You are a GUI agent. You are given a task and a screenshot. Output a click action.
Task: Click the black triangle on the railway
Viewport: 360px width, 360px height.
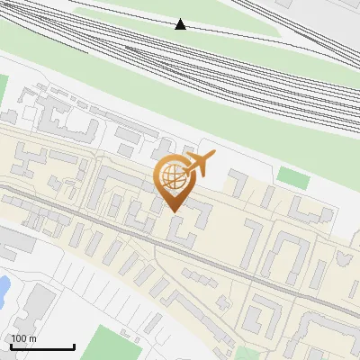181,24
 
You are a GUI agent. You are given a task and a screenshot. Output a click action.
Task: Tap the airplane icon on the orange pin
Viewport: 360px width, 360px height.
198,164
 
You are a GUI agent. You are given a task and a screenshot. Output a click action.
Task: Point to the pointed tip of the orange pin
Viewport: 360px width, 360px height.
173,211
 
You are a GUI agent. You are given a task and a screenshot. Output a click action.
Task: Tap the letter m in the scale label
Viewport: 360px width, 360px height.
34,338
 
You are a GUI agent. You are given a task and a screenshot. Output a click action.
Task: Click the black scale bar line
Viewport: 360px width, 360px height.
42,346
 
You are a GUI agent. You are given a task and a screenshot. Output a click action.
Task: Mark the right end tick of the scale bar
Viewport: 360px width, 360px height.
74,345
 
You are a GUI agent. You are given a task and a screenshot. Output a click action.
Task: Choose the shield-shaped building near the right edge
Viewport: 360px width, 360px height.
342,259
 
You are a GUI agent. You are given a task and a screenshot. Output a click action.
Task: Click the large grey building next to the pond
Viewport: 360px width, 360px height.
34,306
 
